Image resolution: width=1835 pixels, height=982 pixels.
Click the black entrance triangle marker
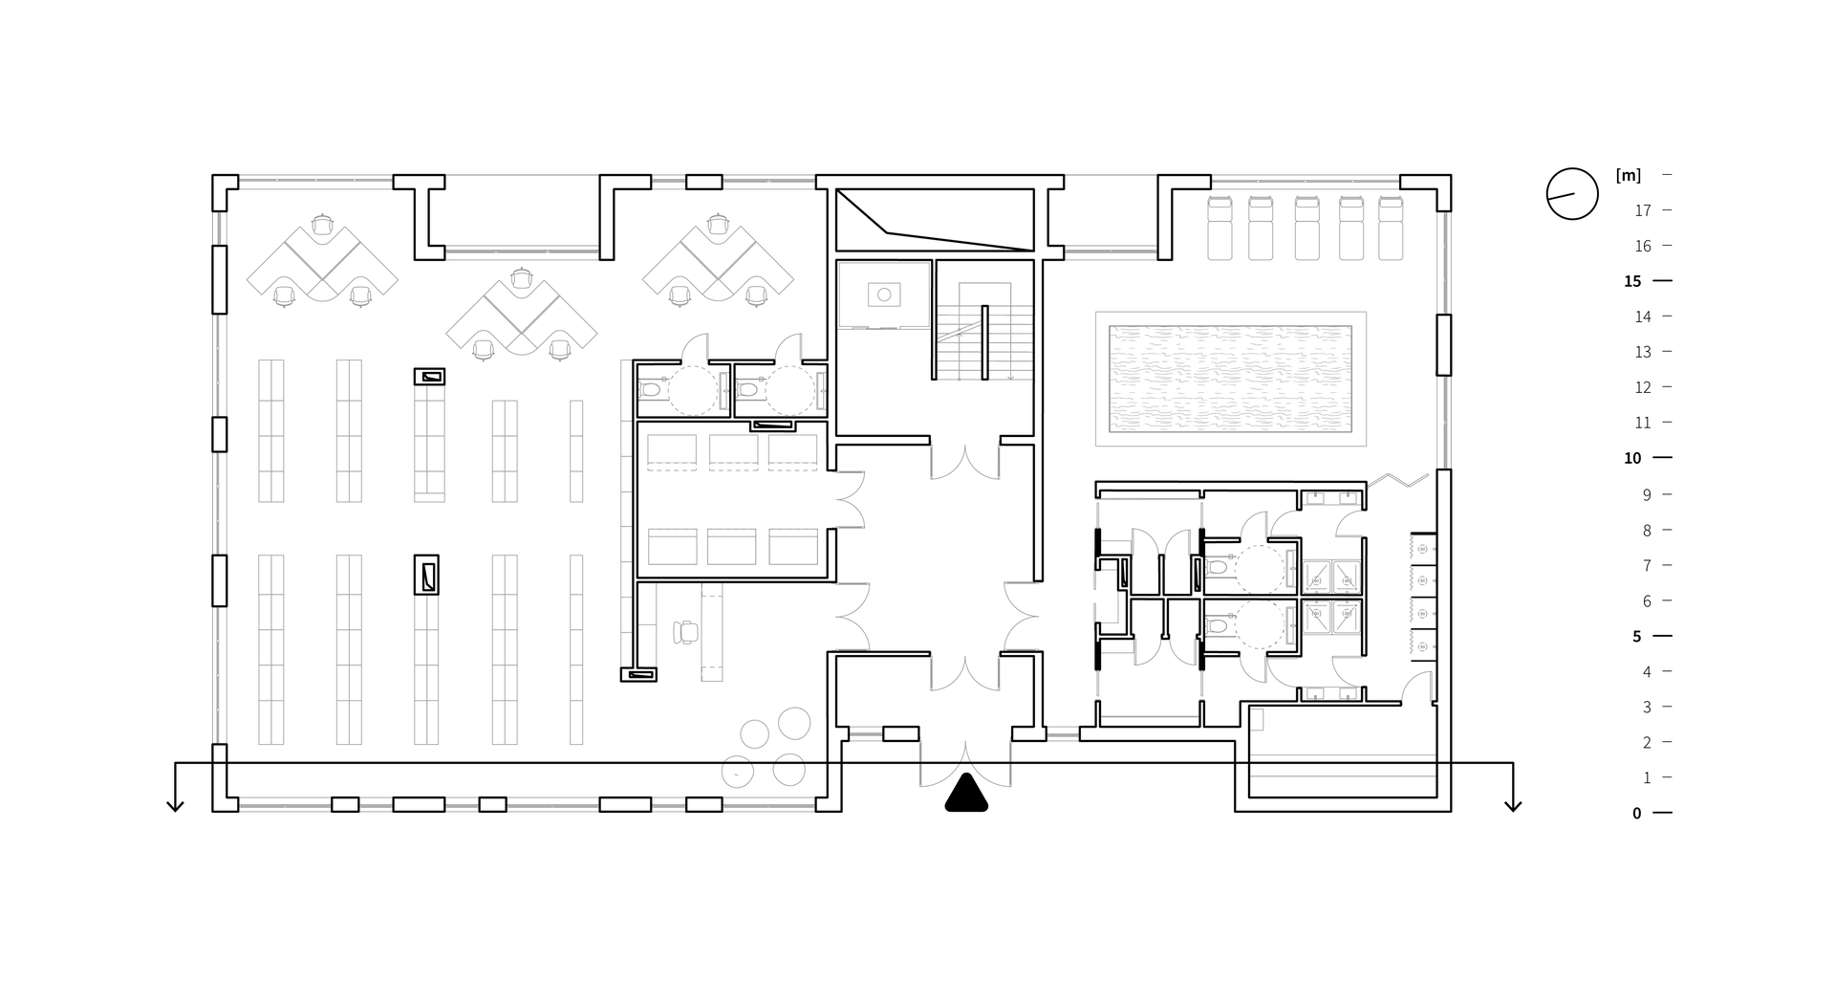tap(966, 794)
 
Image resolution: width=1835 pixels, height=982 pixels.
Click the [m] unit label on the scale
tap(1628, 175)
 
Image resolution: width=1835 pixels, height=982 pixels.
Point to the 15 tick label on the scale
tap(1632, 281)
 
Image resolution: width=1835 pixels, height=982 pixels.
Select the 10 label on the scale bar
tap(1632, 458)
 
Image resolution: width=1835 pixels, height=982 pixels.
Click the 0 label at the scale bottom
tap(1636, 814)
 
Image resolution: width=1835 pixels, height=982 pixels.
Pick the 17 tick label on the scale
tap(1643, 210)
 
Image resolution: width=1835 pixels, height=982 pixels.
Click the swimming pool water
tap(1230, 379)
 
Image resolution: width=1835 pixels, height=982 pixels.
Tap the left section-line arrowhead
tap(175, 805)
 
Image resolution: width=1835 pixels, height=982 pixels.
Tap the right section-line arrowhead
tap(1512, 805)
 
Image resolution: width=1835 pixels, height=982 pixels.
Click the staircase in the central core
tap(984, 331)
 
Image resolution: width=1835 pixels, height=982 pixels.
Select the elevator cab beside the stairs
tap(884, 295)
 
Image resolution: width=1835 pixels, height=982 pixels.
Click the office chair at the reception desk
tap(685, 632)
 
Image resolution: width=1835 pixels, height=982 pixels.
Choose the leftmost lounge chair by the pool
tap(1219, 228)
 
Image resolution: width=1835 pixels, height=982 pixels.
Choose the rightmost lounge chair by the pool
tap(1391, 228)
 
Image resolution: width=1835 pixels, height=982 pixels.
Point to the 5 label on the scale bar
tap(1636, 637)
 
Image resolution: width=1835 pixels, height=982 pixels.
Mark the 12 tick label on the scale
tap(1643, 387)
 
